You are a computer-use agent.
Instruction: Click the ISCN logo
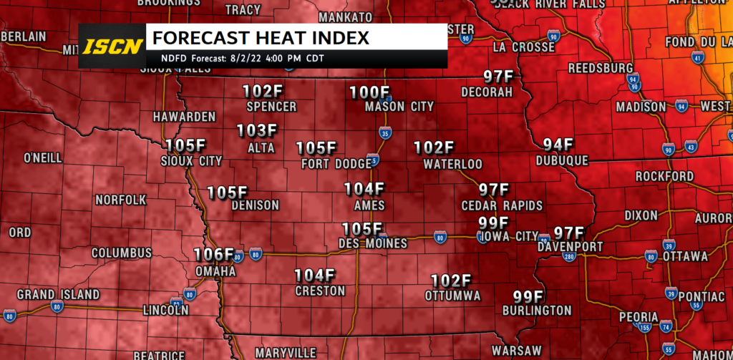pyautogui.click(x=111, y=47)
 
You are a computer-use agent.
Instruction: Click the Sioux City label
pyautogui.click(x=192, y=161)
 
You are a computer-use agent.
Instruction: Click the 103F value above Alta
pyautogui.click(x=256, y=131)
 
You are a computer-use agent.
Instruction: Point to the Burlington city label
pyautogui.click(x=541, y=311)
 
